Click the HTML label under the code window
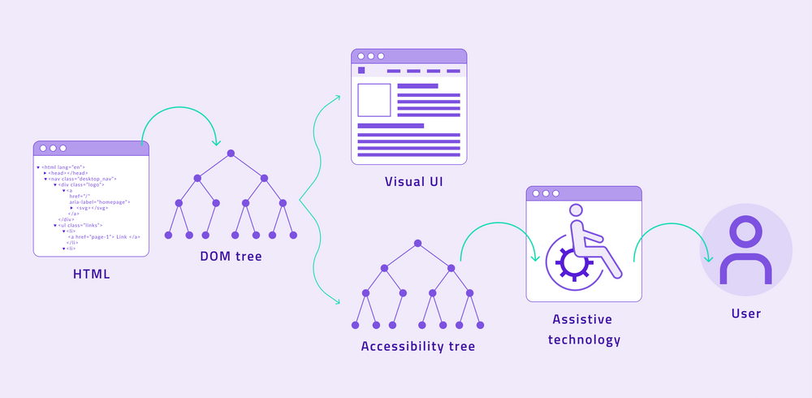pyautogui.click(x=91, y=274)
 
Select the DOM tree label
pyautogui.click(x=231, y=257)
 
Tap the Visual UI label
pyautogui.click(x=413, y=181)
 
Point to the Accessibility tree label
pyautogui.click(x=417, y=346)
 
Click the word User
pyautogui.click(x=745, y=313)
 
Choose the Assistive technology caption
pyautogui.click(x=583, y=329)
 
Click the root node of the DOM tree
pyautogui.click(x=231, y=154)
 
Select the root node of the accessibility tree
pyautogui.click(x=417, y=243)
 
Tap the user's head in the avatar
pyautogui.click(x=745, y=230)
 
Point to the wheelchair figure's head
pyautogui.click(x=576, y=210)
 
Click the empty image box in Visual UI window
pyautogui.click(x=374, y=100)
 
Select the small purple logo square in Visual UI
pyautogui.click(x=361, y=71)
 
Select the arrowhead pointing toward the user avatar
pyautogui.click(x=709, y=259)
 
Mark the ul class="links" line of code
pyautogui.click(x=81, y=225)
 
